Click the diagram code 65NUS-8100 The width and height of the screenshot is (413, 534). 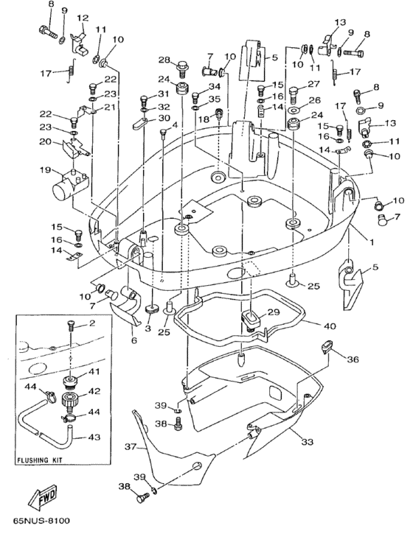point(41,521)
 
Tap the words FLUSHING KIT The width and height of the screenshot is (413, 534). point(40,460)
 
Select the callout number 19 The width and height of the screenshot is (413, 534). point(45,169)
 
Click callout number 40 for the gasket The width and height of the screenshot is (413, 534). point(330,326)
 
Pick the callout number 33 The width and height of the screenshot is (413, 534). point(307,442)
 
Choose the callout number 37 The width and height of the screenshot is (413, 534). point(131,446)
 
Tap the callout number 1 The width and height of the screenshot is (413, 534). point(372,242)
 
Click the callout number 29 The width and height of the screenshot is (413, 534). point(274,312)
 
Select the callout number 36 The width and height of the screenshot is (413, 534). point(353,359)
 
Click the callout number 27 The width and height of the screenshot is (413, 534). point(313,84)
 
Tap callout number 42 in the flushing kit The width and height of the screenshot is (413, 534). point(94,391)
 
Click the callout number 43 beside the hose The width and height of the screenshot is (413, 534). point(94,436)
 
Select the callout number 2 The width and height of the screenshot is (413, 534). point(91,323)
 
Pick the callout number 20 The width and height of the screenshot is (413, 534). point(46,141)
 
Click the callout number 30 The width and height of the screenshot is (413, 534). point(164,118)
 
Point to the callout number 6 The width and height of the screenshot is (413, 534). point(134,340)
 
